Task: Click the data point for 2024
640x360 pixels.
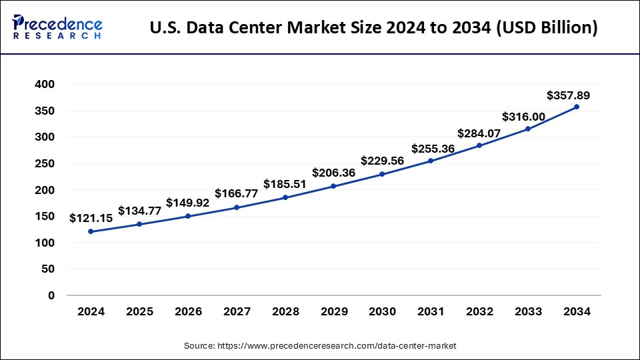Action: (x=91, y=231)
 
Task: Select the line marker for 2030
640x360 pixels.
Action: (x=382, y=174)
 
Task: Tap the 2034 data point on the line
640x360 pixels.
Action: (x=577, y=107)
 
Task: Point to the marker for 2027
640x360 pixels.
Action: (x=237, y=207)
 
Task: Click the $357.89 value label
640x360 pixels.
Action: (x=568, y=95)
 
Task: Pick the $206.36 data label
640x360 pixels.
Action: (x=333, y=173)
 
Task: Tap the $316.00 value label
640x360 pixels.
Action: (x=523, y=117)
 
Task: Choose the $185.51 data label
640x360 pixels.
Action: (x=285, y=183)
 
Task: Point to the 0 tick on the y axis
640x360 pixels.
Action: (x=51, y=295)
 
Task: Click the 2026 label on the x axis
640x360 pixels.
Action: (x=188, y=311)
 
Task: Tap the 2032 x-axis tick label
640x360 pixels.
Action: (x=479, y=311)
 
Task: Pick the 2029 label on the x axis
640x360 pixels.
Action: (x=333, y=311)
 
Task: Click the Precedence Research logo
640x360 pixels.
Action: (x=57, y=27)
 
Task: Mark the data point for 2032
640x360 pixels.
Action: (x=479, y=145)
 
